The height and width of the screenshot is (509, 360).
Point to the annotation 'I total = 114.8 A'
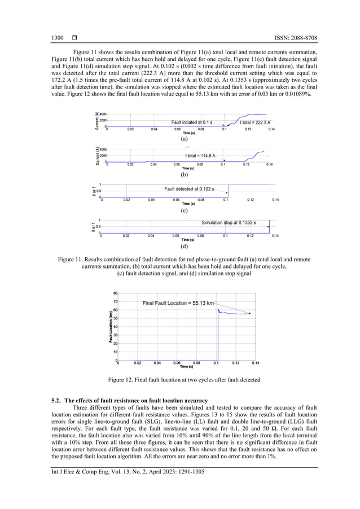(x=203, y=156)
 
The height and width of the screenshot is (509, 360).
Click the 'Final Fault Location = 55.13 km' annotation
(x=178, y=303)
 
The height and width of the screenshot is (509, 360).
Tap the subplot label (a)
(x=184, y=138)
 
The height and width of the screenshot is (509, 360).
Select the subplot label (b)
(x=184, y=174)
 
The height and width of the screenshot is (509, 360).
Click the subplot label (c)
(x=184, y=210)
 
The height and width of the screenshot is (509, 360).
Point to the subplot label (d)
(x=184, y=246)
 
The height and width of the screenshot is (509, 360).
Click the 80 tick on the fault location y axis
(x=115, y=293)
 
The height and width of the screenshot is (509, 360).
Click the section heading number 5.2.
(x=56, y=401)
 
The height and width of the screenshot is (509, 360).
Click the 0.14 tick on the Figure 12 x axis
(x=255, y=363)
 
